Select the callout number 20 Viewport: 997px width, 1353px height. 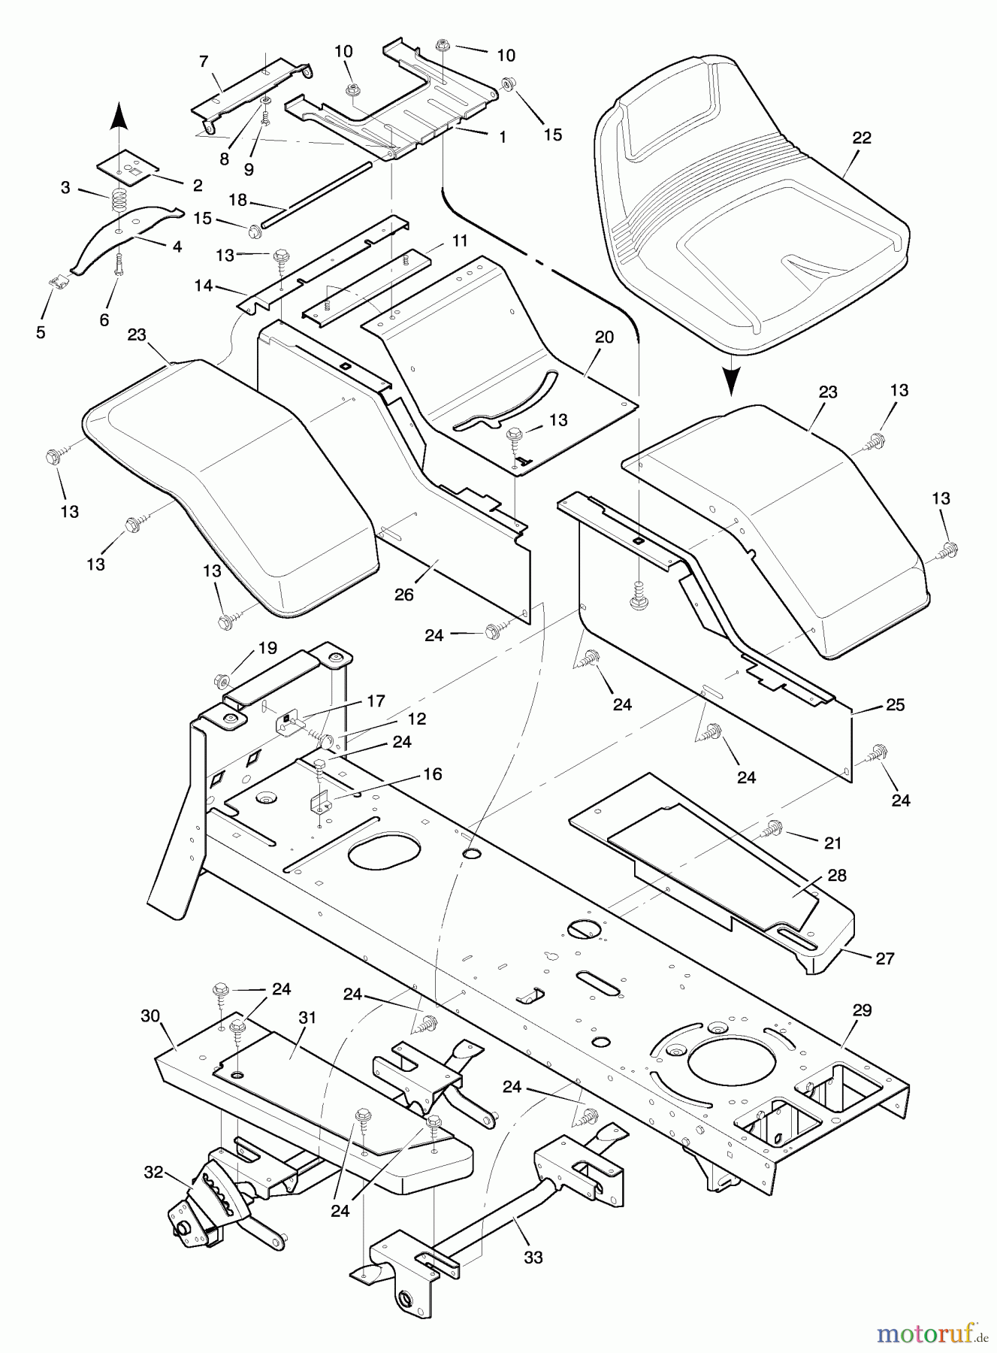point(604,337)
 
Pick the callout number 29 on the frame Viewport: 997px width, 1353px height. point(862,1009)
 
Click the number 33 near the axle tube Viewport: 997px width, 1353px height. point(533,1256)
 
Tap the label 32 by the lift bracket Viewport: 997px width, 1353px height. point(153,1172)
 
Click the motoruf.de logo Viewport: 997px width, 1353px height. point(930,1333)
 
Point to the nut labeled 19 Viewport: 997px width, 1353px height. point(222,681)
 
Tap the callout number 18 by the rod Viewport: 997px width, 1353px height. point(237,201)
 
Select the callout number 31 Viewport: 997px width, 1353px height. point(307,1017)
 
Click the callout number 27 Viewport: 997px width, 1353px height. point(885,958)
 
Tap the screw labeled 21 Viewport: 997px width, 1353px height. point(772,829)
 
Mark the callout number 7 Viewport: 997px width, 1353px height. point(203,61)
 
